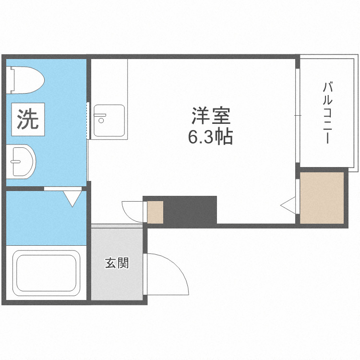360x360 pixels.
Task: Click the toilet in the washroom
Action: (x=29, y=79)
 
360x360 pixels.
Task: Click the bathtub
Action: (x=47, y=274)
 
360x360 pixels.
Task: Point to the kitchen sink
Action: (x=109, y=121)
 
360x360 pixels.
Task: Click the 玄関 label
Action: (x=117, y=263)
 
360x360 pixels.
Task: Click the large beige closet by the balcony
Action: (x=322, y=197)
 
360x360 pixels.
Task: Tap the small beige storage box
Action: (x=155, y=212)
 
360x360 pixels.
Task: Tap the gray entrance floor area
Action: (x=117, y=278)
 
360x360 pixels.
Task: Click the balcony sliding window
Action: (x=297, y=115)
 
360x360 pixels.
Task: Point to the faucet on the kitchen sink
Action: (x=100, y=115)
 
